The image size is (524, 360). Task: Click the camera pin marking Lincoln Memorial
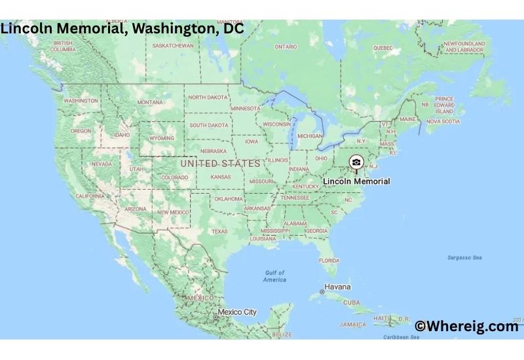(356, 162)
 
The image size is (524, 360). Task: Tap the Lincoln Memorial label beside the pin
(356, 181)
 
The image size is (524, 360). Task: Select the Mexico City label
(237, 312)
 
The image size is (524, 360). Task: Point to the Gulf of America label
(275, 276)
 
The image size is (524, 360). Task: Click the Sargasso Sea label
(464, 257)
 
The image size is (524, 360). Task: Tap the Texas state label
(219, 231)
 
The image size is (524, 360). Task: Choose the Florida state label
(329, 260)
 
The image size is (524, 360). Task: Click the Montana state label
(150, 102)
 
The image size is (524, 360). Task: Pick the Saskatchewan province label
(173, 46)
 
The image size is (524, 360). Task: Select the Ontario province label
(286, 46)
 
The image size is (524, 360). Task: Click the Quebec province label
(383, 48)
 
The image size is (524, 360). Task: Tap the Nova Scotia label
(443, 121)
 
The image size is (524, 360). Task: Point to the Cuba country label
(352, 302)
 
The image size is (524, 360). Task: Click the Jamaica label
(352, 324)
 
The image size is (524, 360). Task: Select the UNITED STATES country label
(221, 163)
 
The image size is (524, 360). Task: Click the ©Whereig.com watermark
(466, 326)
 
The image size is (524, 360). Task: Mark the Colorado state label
(174, 177)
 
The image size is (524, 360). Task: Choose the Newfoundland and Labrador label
(464, 46)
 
